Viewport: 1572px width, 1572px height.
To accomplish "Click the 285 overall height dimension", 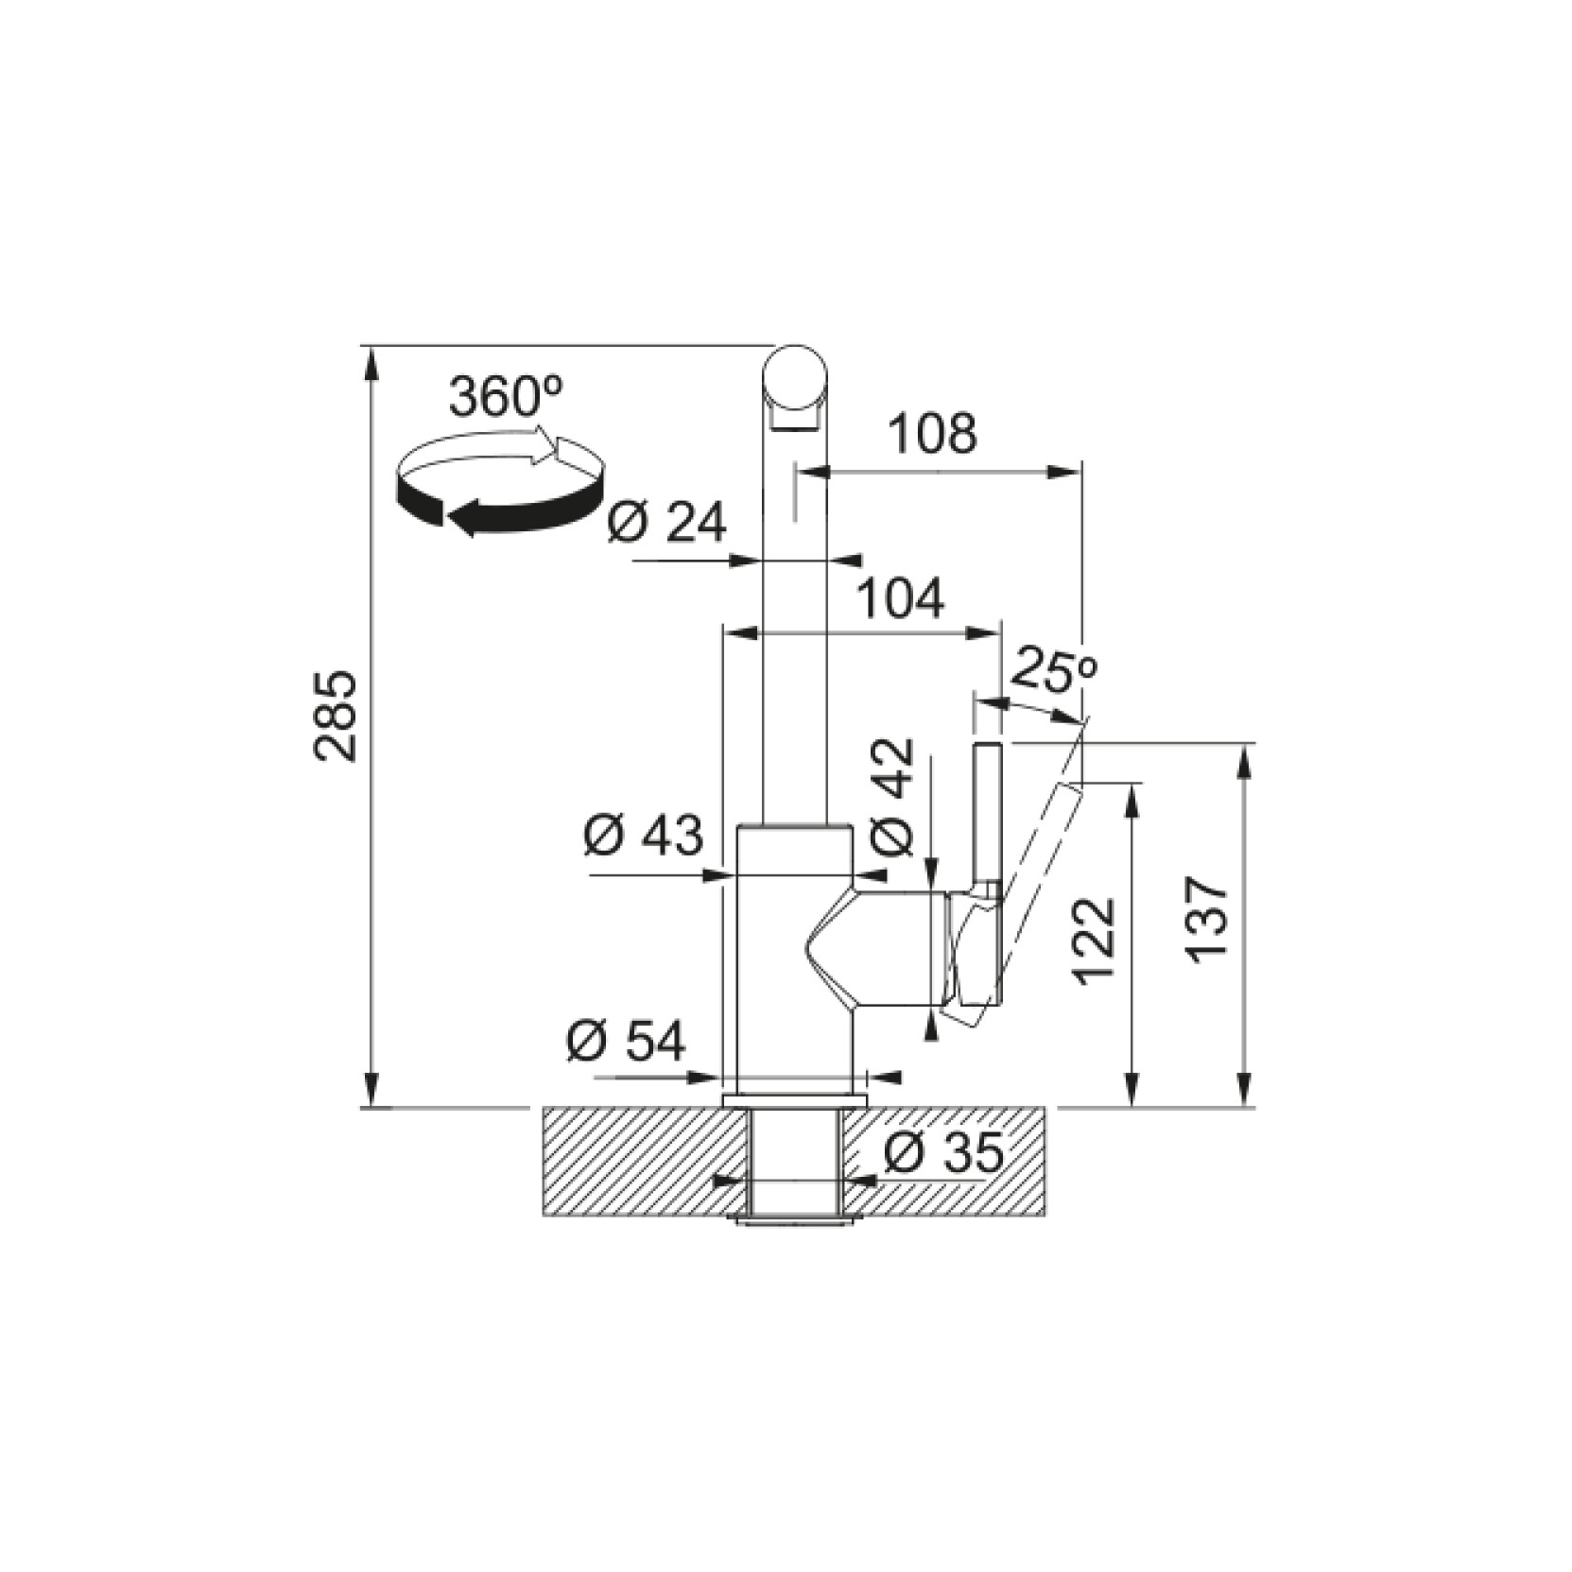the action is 335,716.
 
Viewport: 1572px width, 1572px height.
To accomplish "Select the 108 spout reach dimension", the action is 932,433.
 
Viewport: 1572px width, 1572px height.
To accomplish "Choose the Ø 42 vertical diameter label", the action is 892,797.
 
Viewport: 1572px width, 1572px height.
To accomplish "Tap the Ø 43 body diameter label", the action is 644,834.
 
